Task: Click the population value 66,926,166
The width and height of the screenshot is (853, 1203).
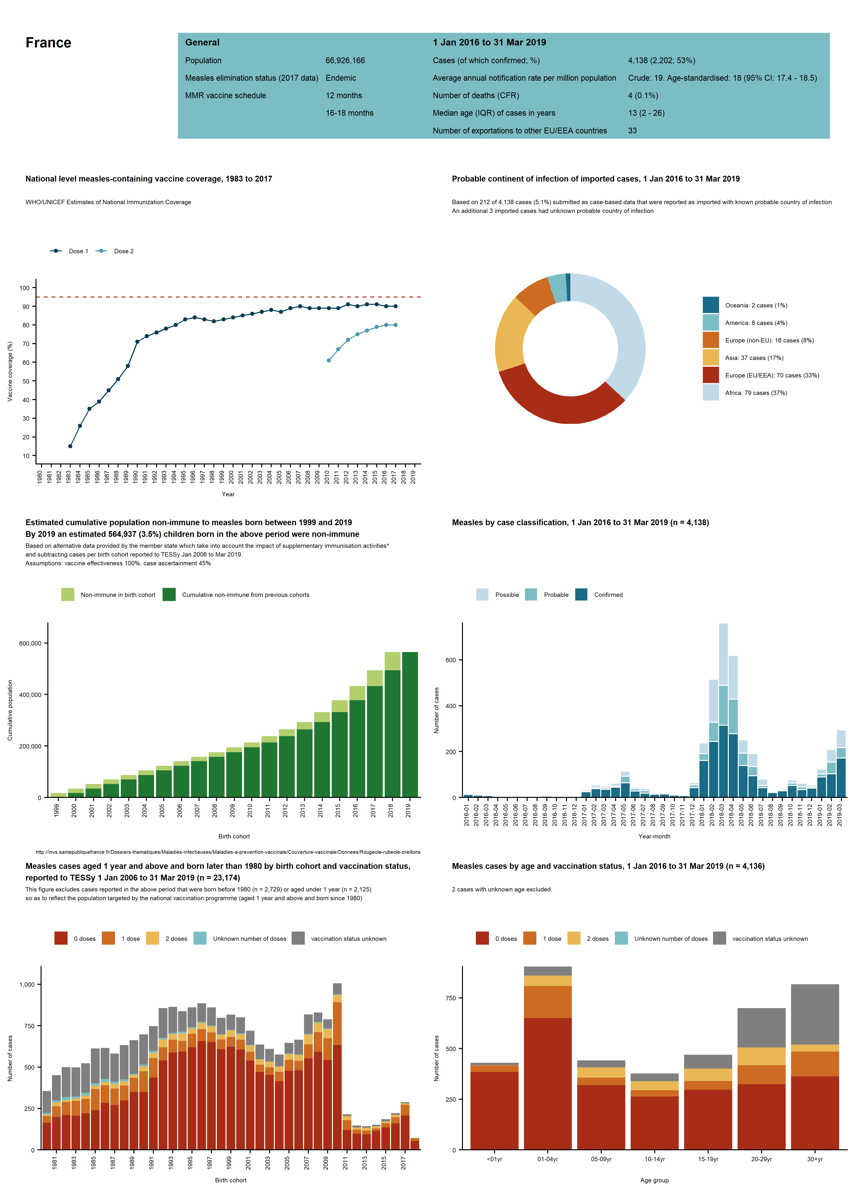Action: click(345, 61)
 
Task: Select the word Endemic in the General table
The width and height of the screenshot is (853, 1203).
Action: click(341, 78)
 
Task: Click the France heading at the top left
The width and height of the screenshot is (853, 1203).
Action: click(48, 43)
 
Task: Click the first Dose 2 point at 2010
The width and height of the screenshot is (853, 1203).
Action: click(329, 360)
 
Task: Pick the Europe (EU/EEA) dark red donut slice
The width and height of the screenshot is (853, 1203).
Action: click(557, 402)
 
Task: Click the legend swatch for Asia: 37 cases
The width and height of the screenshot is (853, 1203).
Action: click(711, 358)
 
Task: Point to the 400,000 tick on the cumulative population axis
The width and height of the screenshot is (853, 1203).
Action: click(30, 695)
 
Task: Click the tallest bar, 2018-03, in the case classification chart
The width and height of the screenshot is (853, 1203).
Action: click(723, 710)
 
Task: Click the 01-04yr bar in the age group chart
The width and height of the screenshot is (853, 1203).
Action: click(548, 1058)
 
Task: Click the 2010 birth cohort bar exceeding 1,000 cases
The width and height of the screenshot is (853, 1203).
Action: click(337, 1066)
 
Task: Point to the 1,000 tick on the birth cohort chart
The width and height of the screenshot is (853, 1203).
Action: click(27, 985)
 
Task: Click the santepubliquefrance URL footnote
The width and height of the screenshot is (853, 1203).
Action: click(228, 852)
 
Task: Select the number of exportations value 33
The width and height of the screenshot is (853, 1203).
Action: click(632, 131)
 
